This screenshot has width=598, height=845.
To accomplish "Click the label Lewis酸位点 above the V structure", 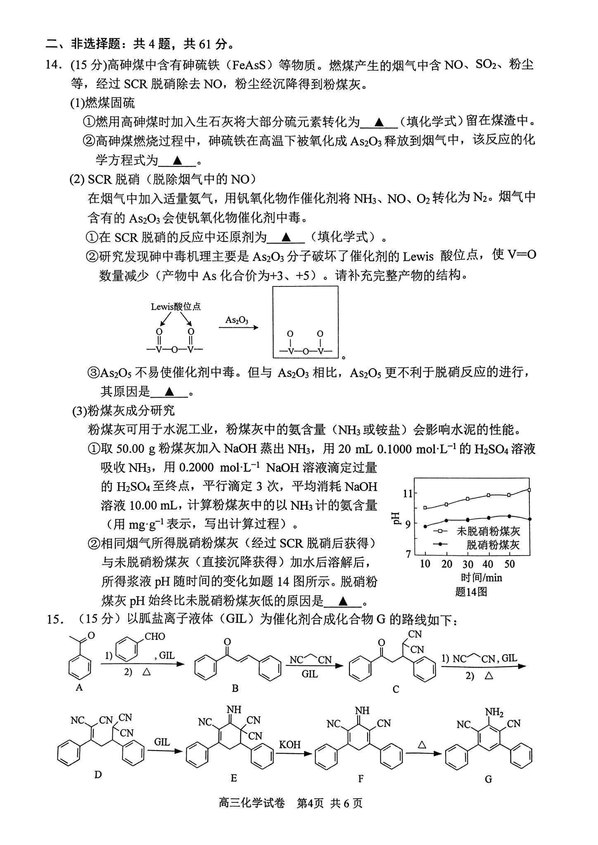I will click(x=176, y=307).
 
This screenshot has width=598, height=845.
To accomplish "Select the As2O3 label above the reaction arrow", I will click(x=237, y=320).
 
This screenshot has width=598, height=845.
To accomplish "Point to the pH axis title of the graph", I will click(x=397, y=517).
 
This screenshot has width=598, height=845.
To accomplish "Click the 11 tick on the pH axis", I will click(x=408, y=493).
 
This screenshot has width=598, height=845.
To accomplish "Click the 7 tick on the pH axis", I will click(x=409, y=554).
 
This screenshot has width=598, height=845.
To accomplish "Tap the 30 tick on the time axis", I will click(x=467, y=564).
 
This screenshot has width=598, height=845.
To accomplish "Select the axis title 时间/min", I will click(x=481, y=578).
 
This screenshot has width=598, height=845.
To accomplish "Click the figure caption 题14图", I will click(x=471, y=592).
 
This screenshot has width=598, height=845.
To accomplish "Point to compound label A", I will click(x=79, y=688).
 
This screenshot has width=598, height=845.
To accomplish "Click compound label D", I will click(x=98, y=775).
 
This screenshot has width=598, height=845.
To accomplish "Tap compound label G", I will click(x=488, y=779).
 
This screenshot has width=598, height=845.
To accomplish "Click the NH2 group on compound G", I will click(x=494, y=712).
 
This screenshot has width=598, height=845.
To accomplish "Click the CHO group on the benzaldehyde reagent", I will click(x=155, y=637).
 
